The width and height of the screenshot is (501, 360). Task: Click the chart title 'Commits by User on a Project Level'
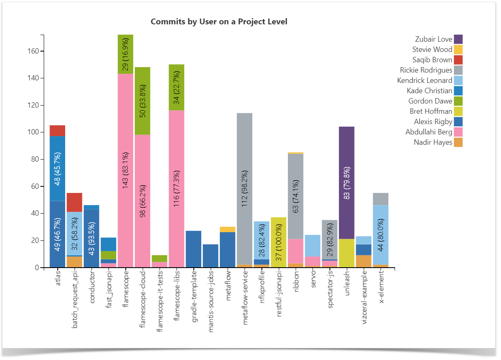(219, 21)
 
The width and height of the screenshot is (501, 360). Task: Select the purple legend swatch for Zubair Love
(458, 39)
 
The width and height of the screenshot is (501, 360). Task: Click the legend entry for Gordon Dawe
(430, 101)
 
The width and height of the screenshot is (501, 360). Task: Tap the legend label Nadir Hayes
(433, 142)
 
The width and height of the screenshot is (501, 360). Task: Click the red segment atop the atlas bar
(57, 130)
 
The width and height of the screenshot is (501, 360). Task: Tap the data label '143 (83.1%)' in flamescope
(125, 169)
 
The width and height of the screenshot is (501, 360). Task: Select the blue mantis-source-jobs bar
(210, 256)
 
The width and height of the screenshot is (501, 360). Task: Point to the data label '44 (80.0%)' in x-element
(380, 235)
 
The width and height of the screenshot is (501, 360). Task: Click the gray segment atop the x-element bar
(380, 199)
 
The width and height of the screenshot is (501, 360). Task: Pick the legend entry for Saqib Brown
(432, 60)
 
